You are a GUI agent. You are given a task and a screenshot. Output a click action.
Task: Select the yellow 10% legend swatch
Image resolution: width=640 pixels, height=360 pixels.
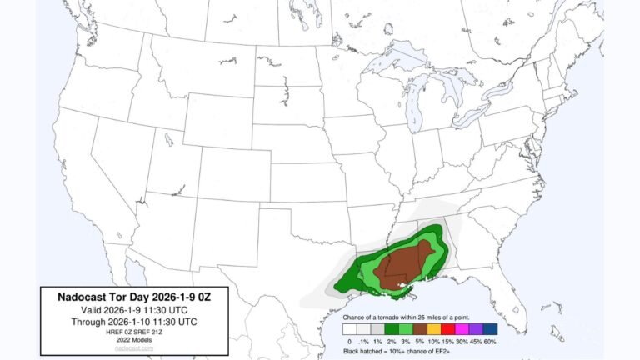434,329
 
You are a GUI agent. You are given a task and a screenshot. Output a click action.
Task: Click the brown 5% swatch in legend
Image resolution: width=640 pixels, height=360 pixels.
419,329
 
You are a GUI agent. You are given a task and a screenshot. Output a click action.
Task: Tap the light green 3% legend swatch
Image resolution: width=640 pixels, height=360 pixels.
405,329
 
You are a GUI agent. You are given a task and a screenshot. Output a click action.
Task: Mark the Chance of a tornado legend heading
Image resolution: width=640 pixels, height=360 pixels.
421,317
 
